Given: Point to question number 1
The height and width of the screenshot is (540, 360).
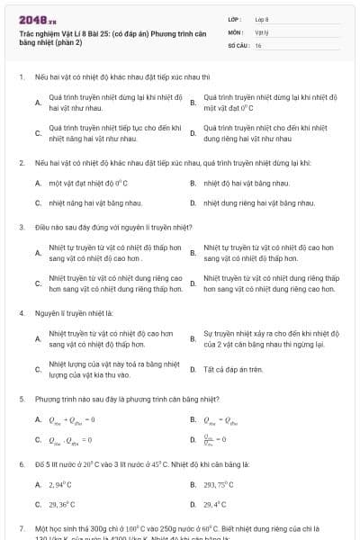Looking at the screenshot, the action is (21, 77).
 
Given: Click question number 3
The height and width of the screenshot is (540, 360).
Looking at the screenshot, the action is (21, 227).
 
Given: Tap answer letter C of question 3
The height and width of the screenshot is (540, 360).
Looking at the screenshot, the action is (38, 284).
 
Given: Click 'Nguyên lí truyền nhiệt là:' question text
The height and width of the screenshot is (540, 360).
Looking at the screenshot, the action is (68, 314).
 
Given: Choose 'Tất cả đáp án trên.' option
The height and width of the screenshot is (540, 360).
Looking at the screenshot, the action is (232, 370).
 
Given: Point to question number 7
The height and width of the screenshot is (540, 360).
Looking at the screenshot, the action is (21, 528).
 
